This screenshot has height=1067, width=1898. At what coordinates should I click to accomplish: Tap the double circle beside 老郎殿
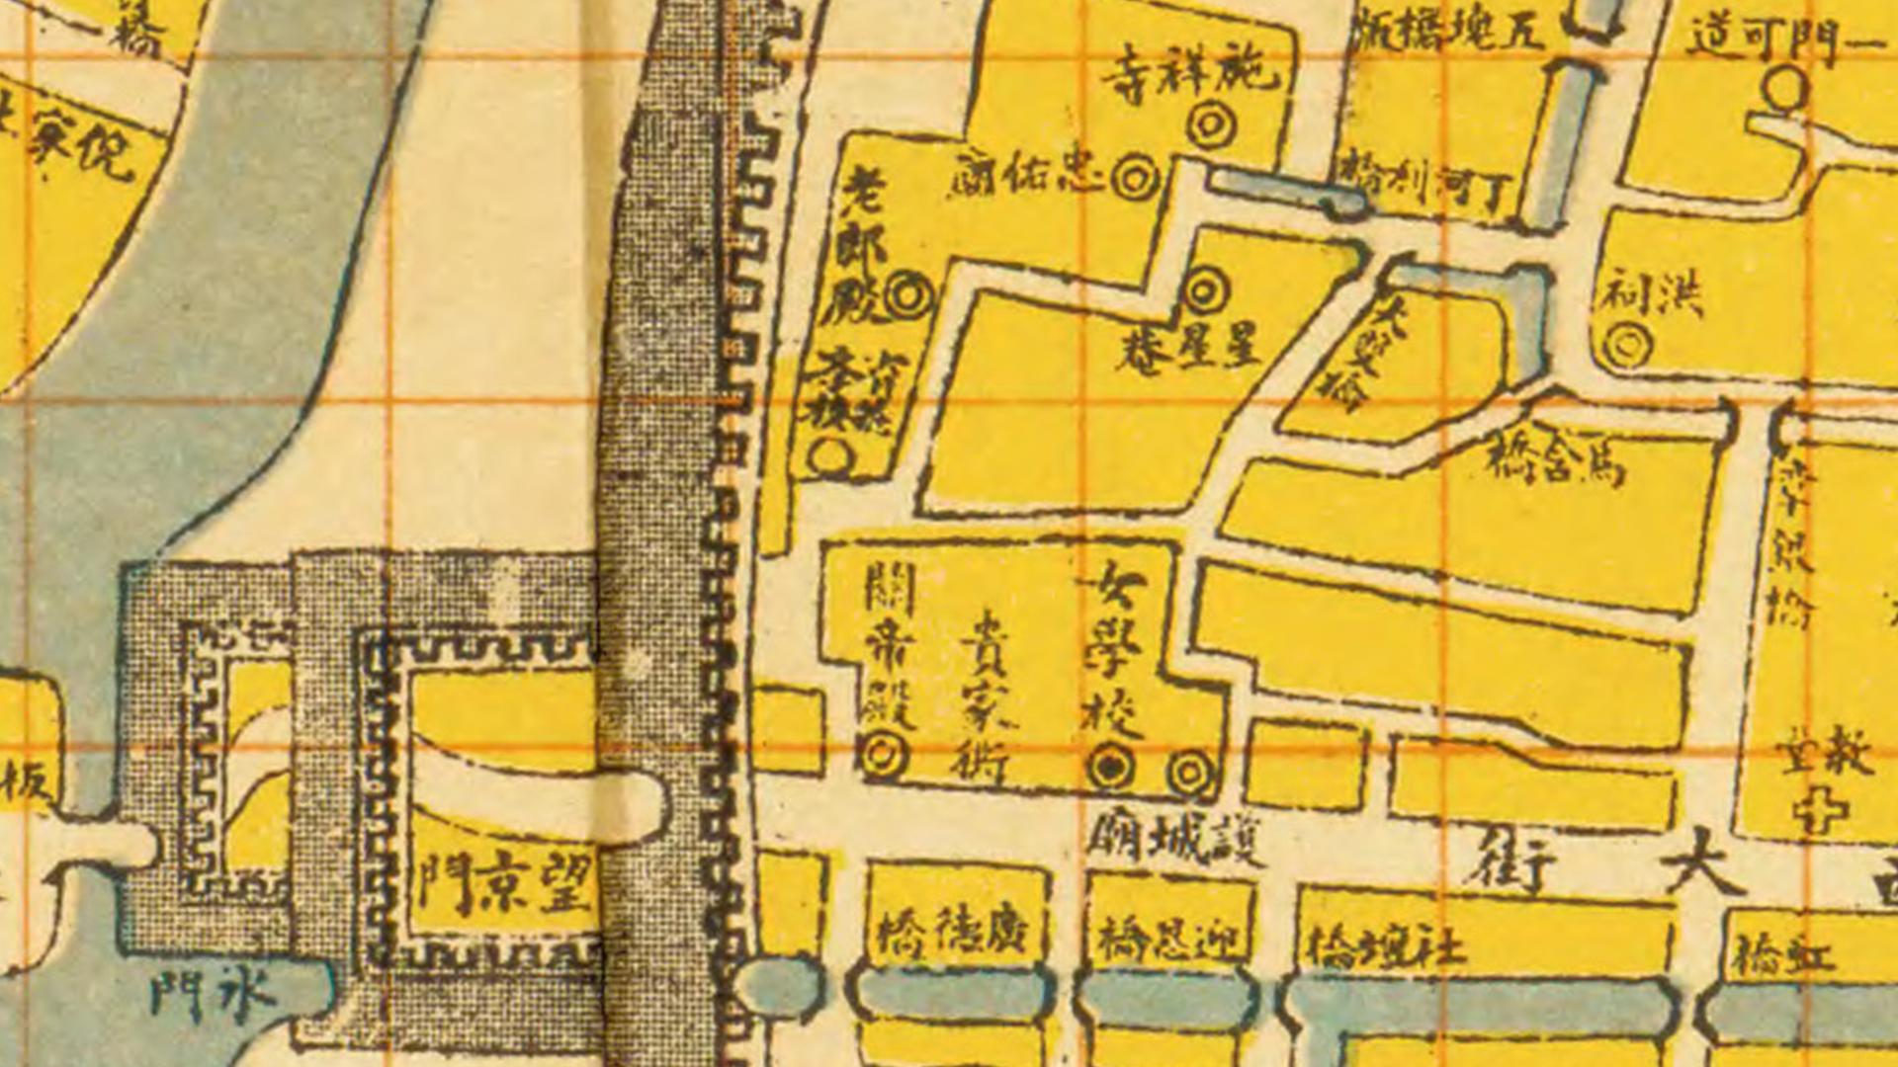tap(906, 295)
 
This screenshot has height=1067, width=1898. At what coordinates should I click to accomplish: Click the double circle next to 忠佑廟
tap(1135, 178)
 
